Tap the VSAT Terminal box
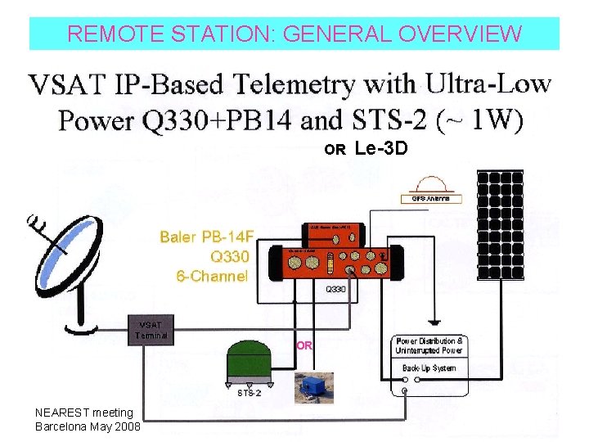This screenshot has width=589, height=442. (153, 329)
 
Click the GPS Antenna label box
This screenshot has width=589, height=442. (431, 198)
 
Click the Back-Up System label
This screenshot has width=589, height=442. (429, 368)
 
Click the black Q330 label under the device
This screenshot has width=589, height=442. (337, 289)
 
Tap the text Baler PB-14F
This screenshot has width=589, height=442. (207, 237)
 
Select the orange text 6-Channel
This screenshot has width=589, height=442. (212, 276)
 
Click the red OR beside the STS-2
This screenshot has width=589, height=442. (303, 345)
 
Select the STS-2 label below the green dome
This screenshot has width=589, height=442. (250, 392)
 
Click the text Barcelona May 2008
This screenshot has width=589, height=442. (88, 426)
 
